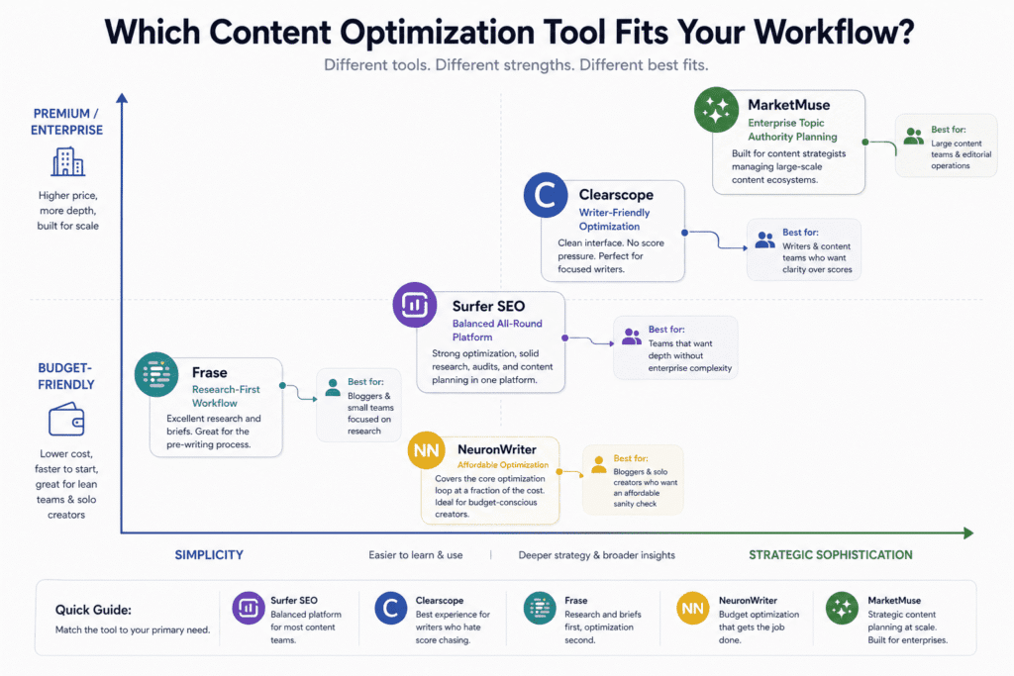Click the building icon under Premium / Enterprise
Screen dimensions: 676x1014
(x=68, y=161)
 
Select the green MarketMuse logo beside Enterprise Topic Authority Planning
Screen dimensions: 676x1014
(x=717, y=111)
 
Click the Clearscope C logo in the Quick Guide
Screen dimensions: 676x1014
(x=391, y=609)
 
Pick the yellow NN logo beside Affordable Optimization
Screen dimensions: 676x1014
(x=427, y=451)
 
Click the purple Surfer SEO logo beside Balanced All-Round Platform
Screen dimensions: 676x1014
(x=415, y=306)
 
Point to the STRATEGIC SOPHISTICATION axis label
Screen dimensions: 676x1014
(x=830, y=555)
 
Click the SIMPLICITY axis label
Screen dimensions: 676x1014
(x=209, y=555)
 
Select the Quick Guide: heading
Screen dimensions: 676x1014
(x=93, y=610)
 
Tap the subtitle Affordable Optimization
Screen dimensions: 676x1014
(x=502, y=464)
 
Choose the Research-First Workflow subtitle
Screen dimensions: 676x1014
(x=227, y=397)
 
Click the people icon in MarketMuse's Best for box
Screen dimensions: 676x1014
(x=913, y=137)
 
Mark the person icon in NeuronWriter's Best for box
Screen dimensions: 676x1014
(x=598, y=465)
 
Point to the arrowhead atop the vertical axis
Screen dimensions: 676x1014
(x=122, y=98)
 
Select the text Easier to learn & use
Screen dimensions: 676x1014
(x=415, y=555)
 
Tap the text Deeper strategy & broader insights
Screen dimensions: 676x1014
(x=596, y=555)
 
